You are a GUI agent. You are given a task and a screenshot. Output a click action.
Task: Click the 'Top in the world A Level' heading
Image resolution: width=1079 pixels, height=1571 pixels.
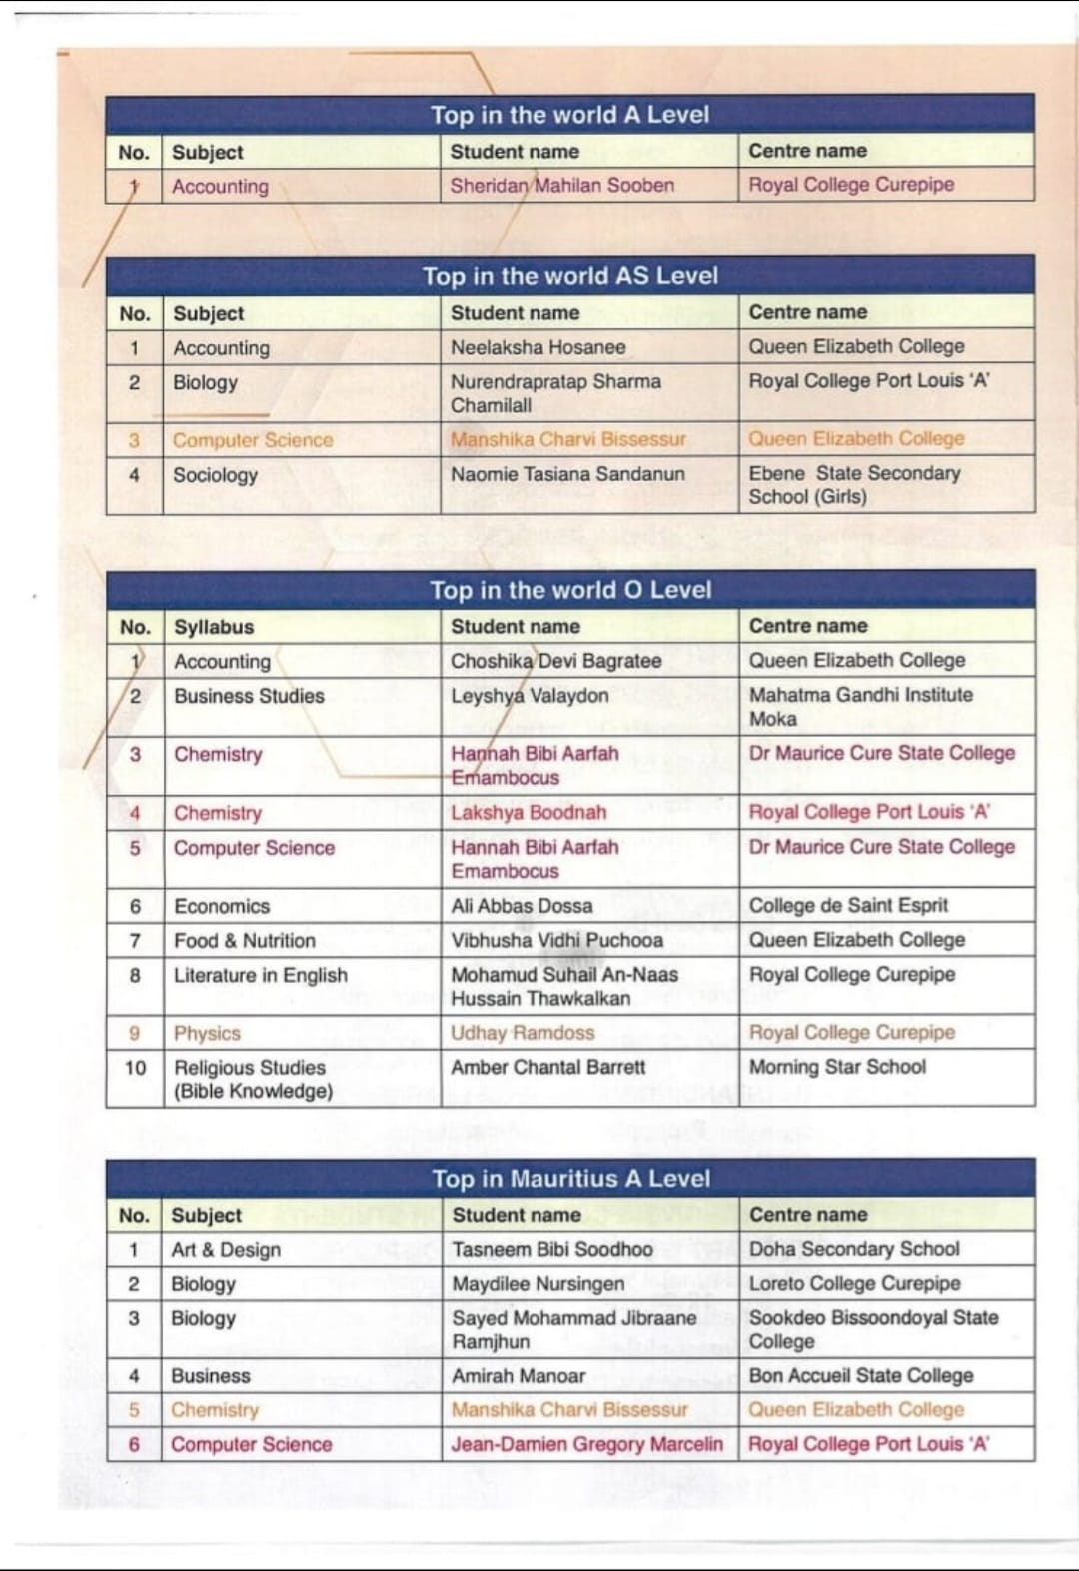click(x=569, y=115)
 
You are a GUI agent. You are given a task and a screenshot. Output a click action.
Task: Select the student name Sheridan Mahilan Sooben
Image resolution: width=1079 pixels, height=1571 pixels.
click(x=561, y=185)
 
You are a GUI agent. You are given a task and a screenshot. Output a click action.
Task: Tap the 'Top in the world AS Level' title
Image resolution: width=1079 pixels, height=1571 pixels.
click(x=569, y=275)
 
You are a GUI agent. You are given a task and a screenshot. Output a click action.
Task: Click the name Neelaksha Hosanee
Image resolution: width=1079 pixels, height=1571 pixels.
click(x=538, y=347)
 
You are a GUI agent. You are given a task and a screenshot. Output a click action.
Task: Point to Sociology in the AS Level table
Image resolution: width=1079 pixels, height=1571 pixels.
click(x=215, y=475)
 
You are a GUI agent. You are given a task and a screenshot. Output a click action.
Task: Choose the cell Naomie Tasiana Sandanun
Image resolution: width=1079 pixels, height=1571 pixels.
click(x=567, y=474)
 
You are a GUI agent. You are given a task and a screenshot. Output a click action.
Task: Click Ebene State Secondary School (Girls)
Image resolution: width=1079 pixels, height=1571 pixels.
click(x=854, y=485)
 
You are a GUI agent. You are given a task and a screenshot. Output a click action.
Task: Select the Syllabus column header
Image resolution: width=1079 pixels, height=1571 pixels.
click(x=214, y=627)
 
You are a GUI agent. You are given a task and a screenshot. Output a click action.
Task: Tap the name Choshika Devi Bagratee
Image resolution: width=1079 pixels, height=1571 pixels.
click(x=555, y=661)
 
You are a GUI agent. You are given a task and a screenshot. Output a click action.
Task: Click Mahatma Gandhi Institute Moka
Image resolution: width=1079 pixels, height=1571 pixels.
click(x=860, y=706)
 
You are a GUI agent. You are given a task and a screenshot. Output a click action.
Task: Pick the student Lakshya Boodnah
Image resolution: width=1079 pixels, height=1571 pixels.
click(x=529, y=812)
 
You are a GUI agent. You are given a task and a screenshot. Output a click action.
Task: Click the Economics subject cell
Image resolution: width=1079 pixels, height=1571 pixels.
click(x=222, y=906)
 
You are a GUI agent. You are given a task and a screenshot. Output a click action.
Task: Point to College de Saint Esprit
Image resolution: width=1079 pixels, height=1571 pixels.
click(x=848, y=905)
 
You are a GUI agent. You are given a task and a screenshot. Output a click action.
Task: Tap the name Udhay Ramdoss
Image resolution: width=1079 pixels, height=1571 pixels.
click(x=522, y=1033)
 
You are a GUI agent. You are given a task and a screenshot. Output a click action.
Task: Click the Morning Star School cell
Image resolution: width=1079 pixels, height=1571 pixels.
click(x=837, y=1067)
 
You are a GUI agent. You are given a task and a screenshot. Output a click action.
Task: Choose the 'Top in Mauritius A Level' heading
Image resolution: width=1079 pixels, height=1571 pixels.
click(x=570, y=1179)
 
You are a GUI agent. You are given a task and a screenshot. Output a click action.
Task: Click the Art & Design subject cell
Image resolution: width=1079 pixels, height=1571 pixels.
click(x=226, y=1249)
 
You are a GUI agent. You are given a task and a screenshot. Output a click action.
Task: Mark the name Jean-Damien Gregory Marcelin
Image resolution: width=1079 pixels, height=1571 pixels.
click(x=586, y=1444)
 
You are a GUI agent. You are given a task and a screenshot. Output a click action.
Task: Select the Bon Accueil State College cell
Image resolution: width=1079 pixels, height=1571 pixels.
click(x=860, y=1375)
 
